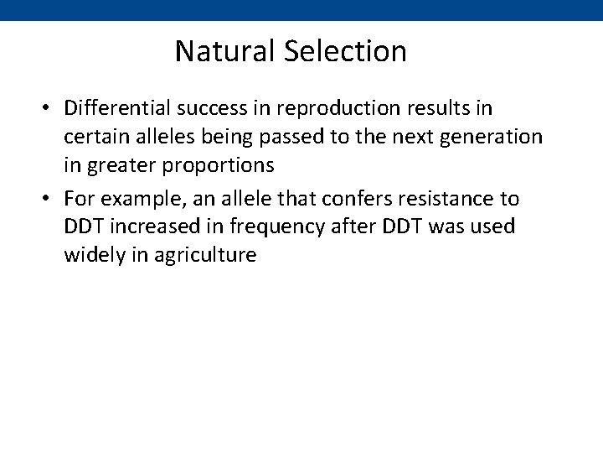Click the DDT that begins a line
click(83, 226)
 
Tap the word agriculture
click(204, 255)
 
